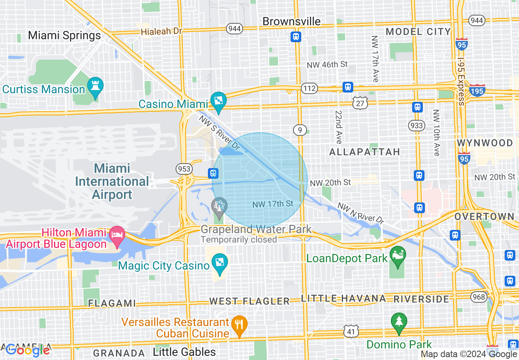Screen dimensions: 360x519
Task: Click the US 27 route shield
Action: [360, 103]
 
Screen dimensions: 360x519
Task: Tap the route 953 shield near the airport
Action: [183, 169]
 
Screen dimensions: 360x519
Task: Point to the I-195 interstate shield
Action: [477, 90]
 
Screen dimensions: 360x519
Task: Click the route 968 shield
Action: [478, 297]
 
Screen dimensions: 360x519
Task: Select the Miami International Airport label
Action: [112, 181]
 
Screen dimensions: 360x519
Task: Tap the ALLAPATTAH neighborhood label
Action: [365, 152]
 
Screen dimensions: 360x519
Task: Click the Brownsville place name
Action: [291, 21]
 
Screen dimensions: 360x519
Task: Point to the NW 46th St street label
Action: [327, 64]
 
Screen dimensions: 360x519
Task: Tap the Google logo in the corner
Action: [27, 350]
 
